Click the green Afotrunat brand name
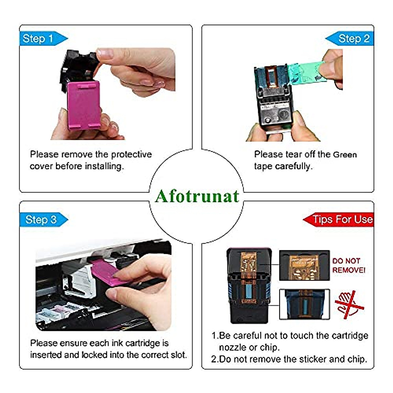197,196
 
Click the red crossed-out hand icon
349,305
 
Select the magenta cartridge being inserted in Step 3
105,270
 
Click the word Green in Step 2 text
345,155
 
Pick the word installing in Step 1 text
104,166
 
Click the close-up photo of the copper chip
304,266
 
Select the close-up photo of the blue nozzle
304,304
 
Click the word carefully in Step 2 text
293,166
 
